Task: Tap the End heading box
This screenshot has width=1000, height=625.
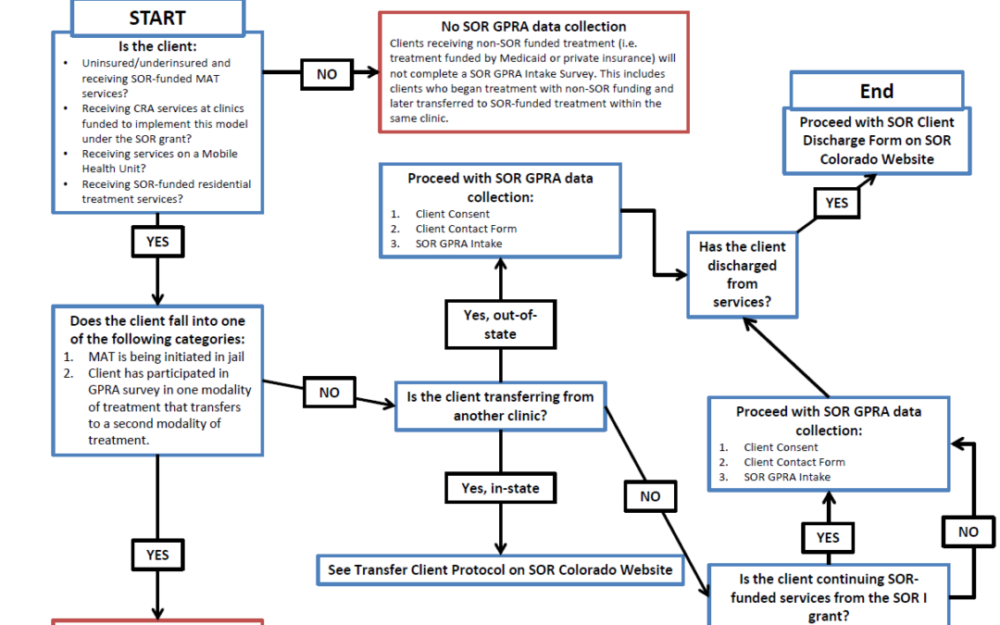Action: pos(876,91)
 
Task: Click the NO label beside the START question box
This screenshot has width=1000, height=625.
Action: pos(326,73)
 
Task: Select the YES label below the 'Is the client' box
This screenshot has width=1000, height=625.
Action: pos(156,242)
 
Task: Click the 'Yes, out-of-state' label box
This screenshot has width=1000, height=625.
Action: pos(500,324)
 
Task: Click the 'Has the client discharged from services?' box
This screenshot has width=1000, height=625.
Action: pos(742,275)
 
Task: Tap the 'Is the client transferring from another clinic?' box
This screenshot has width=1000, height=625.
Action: pos(500,406)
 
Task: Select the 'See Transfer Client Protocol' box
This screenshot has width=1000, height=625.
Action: pos(500,569)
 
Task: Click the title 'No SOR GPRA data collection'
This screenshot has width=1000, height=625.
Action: pos(533,26)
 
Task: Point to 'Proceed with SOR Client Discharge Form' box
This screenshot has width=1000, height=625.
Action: pos(877,141)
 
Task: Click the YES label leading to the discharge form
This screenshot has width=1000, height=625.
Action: pos(836,203)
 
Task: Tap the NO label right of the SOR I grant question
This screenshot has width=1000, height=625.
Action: pos(968,531)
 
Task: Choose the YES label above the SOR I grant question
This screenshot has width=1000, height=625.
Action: pos(828,537)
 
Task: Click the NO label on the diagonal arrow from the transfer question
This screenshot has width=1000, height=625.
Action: pos(650,496)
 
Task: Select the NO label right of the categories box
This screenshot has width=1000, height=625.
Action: pos(329,392)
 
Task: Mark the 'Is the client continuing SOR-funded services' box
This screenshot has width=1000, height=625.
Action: pos(828,596)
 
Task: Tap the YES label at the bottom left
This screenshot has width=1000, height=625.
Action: pos(156,555)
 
